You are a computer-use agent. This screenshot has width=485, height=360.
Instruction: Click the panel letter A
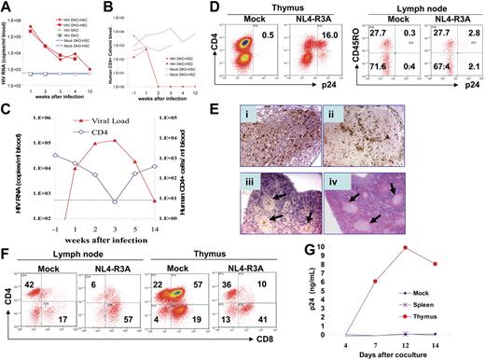click(7, 8)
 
